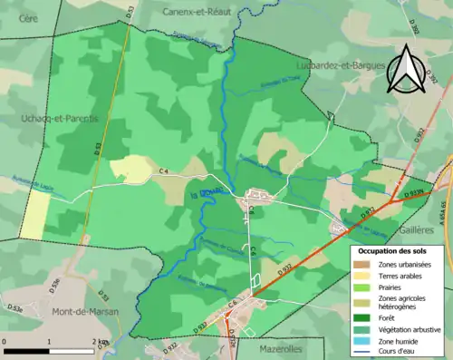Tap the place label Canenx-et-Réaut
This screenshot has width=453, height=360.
[x=197, y=12]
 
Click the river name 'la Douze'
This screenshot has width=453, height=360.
[x=201, y=191]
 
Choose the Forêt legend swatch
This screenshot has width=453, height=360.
[x=361, y=316]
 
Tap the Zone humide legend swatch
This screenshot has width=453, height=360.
[x=361, y=341]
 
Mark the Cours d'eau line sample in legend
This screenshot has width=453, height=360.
[x=361, y=352]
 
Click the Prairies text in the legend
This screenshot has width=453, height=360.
[x=390, y=287]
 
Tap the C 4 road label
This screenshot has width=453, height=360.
[x=164, y=170]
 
